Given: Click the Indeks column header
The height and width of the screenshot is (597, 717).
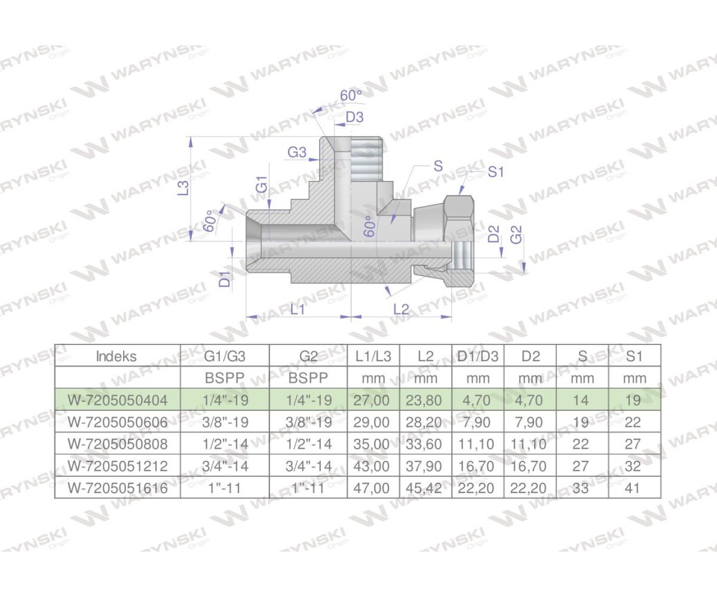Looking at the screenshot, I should coord(117,356).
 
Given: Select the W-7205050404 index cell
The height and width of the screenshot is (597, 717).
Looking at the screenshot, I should coord(117,400).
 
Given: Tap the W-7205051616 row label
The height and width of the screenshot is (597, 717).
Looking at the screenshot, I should coord(117,488).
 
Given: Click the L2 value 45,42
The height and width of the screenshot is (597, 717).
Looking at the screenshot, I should coord(427,488).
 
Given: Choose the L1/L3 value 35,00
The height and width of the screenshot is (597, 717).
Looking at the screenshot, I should coord(373,444).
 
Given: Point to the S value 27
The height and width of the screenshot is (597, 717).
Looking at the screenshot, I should coord(581,466).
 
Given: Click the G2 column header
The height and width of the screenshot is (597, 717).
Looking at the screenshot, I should coord(308,356).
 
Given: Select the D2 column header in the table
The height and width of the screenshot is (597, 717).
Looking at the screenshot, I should coord(530,356).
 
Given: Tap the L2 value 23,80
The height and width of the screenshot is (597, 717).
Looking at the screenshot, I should coord(427,400).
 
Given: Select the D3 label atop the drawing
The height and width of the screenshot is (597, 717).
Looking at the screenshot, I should coord(354,118).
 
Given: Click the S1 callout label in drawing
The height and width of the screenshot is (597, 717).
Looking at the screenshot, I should coord(496,172).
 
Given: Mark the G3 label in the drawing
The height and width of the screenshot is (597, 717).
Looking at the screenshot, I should coord(297,153).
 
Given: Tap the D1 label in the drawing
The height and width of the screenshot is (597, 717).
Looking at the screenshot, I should coord(225,279).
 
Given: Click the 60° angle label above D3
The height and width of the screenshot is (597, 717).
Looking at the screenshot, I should coord(351,96).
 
